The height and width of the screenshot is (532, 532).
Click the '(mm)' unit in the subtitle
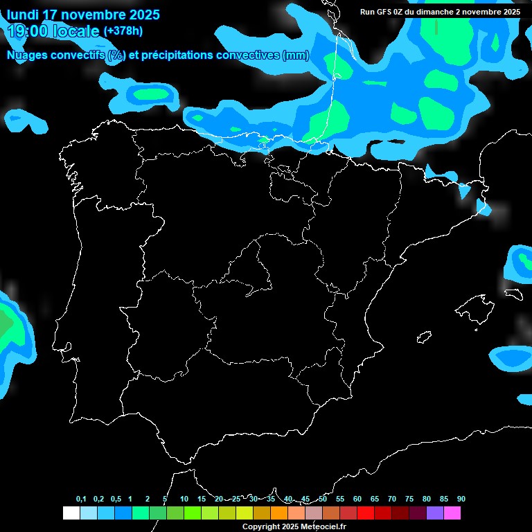click(296, 55)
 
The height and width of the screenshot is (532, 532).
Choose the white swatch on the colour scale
click(71, 513)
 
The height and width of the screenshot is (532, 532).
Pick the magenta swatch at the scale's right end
click(452, 513)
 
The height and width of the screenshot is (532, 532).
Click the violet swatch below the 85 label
click(434, 513)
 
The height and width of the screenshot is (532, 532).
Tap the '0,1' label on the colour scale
click(81, 499)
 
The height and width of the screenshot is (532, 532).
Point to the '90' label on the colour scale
click(461, 499)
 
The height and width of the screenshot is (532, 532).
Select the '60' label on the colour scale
click(357, 499)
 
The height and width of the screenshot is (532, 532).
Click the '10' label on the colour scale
click(184, 499)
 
